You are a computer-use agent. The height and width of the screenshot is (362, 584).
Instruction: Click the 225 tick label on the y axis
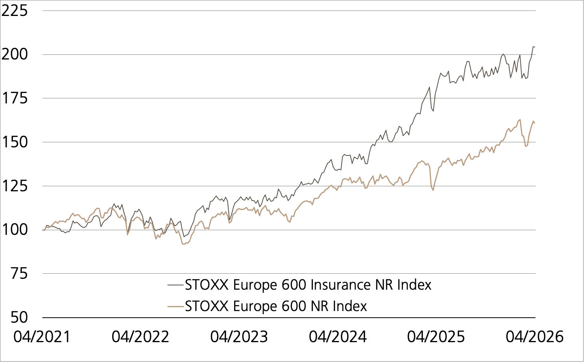(x=15, y=10)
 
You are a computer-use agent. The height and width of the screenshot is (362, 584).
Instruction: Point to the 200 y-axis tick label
(x=15, y=54)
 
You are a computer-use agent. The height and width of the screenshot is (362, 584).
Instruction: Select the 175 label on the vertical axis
(x=15, y=98)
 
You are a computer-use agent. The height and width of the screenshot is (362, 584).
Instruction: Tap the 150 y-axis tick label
(x=15, y=142)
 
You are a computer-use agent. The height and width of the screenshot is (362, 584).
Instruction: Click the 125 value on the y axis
(x=15, y=186)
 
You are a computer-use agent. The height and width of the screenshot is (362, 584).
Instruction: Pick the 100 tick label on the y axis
(x=15, y=229)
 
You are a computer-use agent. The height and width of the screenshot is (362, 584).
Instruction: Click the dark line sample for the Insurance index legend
(x=175, y=285)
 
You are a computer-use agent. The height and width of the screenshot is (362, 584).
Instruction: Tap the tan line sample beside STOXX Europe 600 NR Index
(x=175, y=306)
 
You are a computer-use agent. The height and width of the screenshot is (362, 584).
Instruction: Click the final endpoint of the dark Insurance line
(x=535, y=47)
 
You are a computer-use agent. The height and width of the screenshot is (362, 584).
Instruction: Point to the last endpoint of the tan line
(x=535, y=123)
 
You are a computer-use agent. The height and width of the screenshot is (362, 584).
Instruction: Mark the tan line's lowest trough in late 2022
(x=184, y=244)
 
